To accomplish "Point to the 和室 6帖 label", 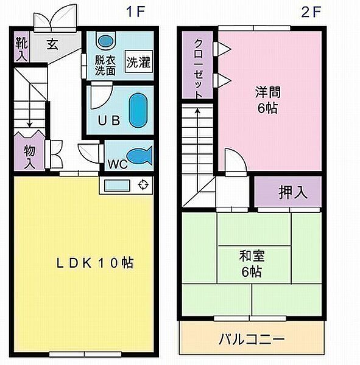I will click(x=251, y=263).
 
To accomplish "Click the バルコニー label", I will click(x=252, y=339).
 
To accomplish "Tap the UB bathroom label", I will click(x=107, y=120).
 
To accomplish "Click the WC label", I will click(x=117, y=164).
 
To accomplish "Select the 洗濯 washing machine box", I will click(x=138, y=62).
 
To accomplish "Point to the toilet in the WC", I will click(x=139, y=156).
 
